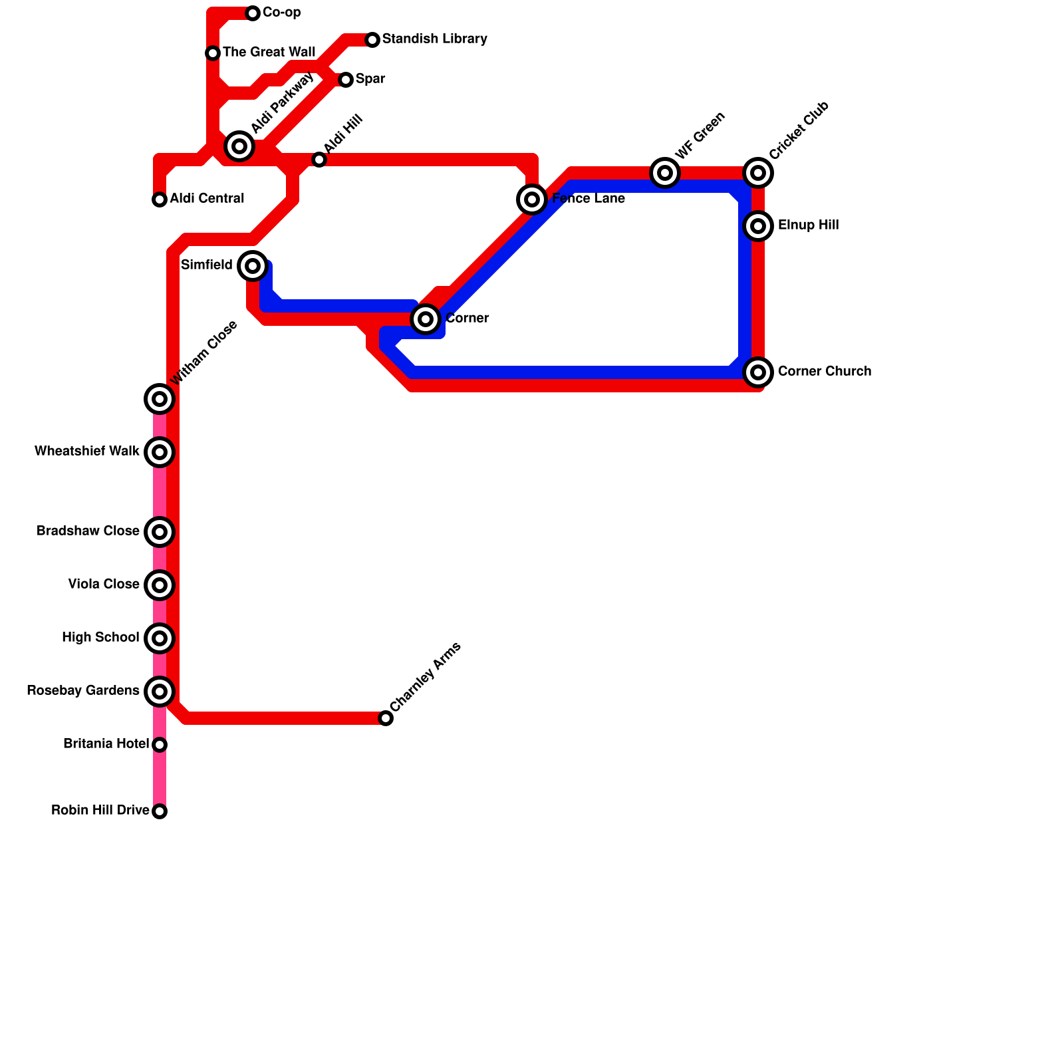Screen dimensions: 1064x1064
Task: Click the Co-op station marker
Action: click(x=253, y=13)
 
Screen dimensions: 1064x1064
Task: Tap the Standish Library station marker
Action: click(x=372, y=40)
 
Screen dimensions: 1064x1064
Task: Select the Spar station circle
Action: click(x=346, y=80)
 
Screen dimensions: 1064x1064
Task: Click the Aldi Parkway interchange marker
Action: click(x=239, y=146)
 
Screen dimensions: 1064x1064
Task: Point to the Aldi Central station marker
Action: click(x=160, y=199)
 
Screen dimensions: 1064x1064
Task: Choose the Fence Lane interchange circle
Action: click(x=532, y=199)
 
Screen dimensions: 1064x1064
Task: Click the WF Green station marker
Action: click(x=665, y=173)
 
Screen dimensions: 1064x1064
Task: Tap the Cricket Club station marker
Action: click(x=758, y=173)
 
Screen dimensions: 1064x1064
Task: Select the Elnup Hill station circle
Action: click(x=758, y=226)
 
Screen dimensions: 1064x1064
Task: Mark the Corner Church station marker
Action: click(x=758, y=372)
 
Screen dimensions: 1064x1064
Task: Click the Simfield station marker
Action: click(x=253, y=266)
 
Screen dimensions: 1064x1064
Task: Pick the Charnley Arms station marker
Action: click(x=386, y=718)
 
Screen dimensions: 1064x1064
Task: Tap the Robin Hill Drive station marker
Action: click(x=160, y=811)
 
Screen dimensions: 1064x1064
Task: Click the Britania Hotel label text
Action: click(x=106, y=743)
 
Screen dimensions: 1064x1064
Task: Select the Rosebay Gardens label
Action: click(x=83, y=691)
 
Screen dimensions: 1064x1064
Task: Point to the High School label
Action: click(x=100, y=638)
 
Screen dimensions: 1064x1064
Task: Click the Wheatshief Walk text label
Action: click(x=87, y=452)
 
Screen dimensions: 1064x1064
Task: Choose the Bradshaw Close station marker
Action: click(x=160, y=532)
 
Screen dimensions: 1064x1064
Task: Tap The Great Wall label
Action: click(x=269, y=52)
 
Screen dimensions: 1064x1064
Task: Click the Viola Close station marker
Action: click(x=160, y=585)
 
